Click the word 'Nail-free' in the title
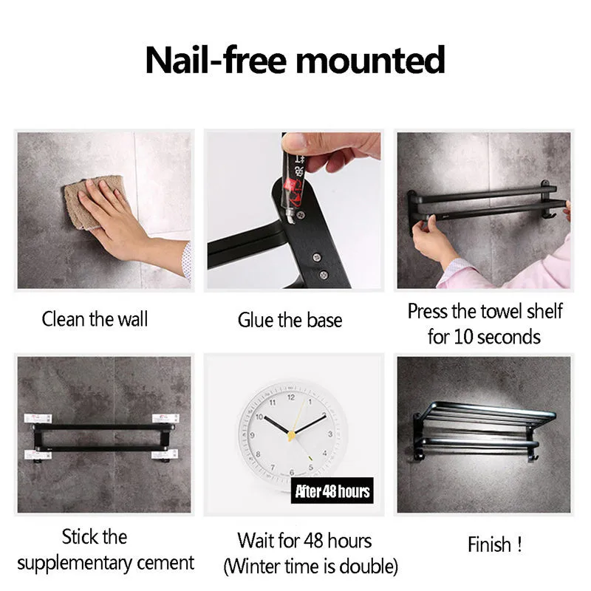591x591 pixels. (215, 61)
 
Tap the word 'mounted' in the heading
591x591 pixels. (370, 61)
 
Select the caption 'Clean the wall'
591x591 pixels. (95, 319)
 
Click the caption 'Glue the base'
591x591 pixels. (290, 321)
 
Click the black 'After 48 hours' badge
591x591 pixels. (332, 491)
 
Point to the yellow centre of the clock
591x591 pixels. (291, 436)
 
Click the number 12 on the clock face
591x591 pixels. (291, 397)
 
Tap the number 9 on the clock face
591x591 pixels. (252, 435)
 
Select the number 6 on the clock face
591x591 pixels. (291, 473)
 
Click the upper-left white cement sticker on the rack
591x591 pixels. (38, 418)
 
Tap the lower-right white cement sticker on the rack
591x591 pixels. (165, 454)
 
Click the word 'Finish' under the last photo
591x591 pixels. (489, 544)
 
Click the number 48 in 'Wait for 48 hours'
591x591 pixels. (313, 541)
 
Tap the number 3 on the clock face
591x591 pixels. (330, 434)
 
